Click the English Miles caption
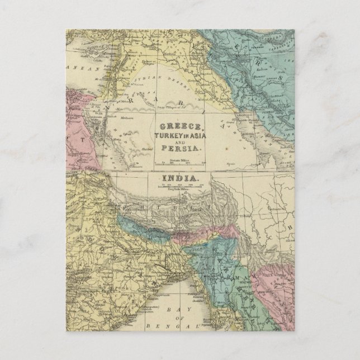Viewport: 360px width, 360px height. pos(180,190)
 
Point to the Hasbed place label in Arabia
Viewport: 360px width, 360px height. pos(149,149)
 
